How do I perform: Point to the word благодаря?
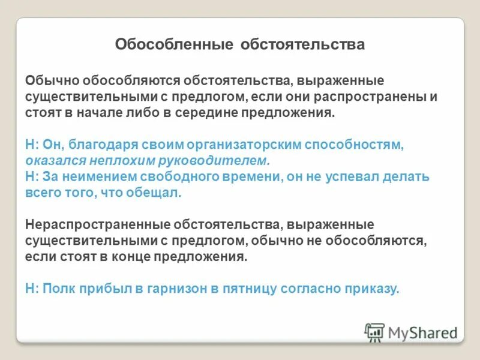point(97,145)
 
